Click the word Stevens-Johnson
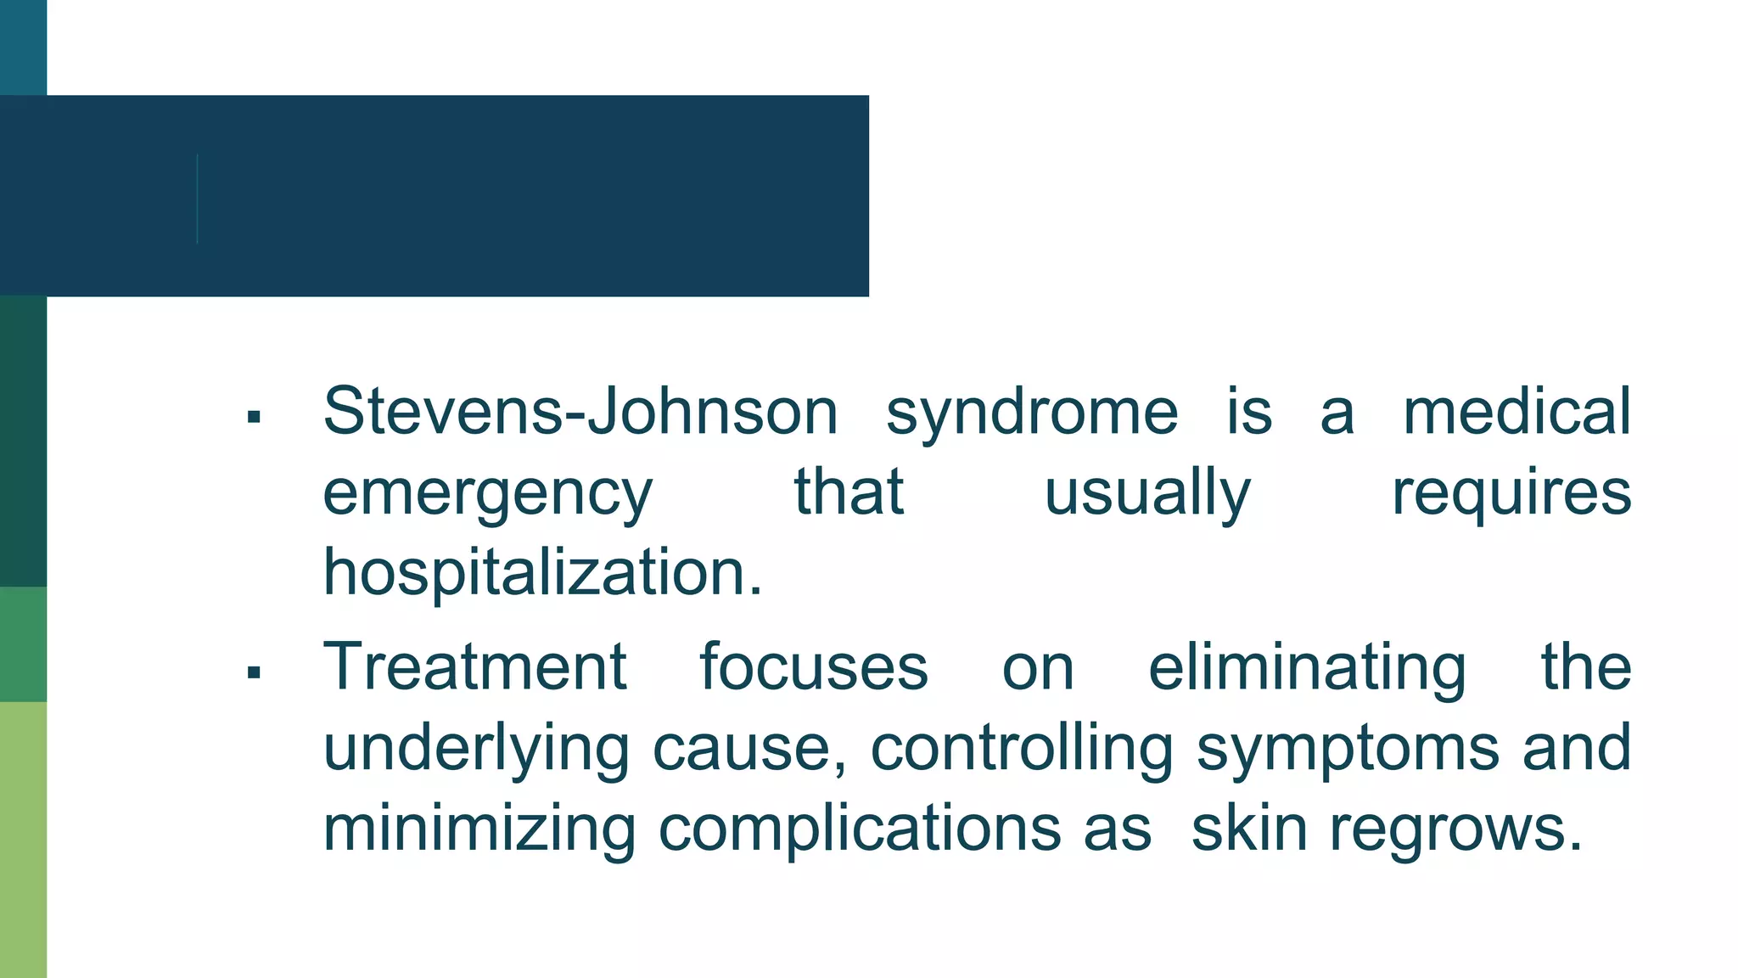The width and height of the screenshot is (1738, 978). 580,412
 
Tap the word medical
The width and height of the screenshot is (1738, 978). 1517,412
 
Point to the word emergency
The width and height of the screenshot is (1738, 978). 488,493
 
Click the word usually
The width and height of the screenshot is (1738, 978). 1147,493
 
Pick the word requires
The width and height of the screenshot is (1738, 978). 1511,493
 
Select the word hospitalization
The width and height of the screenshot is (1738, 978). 543,573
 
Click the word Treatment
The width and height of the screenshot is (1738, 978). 475,667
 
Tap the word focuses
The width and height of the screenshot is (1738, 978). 814,667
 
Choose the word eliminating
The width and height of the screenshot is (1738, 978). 1307,667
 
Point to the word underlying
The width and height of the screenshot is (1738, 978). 476,749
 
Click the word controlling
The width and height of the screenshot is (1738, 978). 1022,749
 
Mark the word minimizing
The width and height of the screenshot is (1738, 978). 479,829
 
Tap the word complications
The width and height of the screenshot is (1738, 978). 860,829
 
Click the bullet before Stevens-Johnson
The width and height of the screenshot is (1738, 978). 253,417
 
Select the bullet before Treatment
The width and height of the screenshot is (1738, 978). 253,673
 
